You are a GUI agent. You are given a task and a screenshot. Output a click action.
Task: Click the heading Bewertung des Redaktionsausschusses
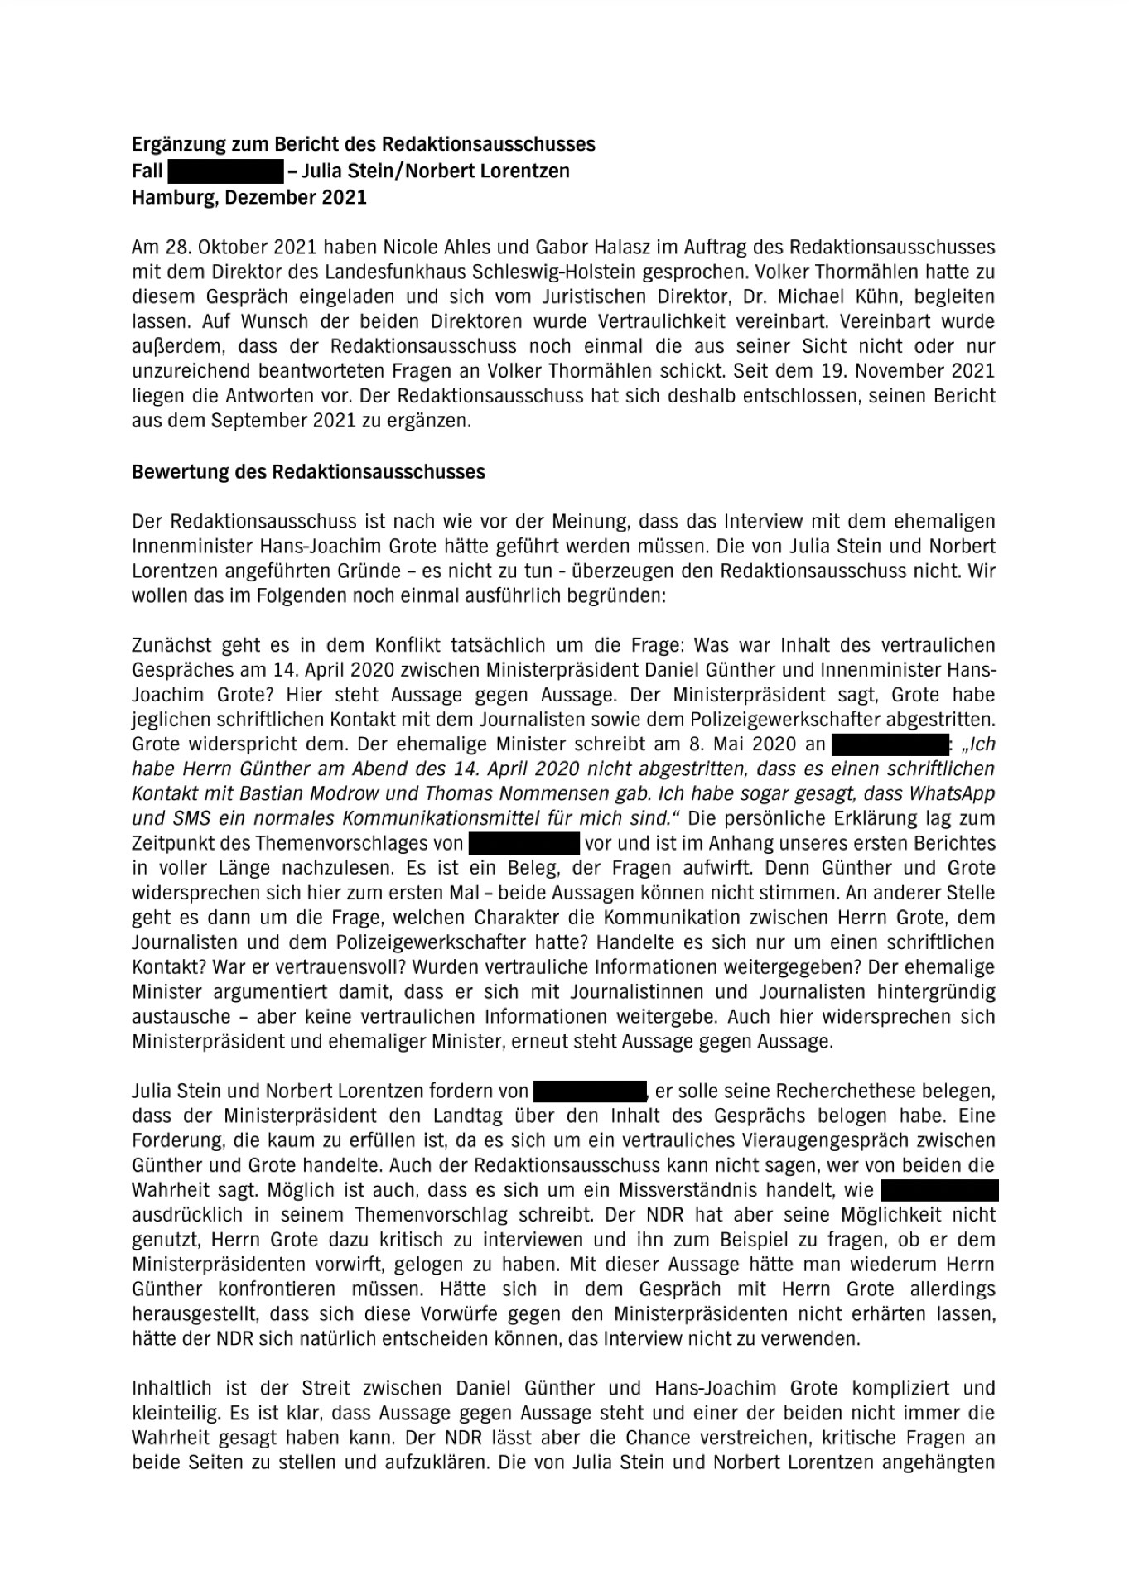pyautogui.click(x=308, y=472)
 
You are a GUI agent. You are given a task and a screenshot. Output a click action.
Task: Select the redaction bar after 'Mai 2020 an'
pyautogui.click(x=889, y=744)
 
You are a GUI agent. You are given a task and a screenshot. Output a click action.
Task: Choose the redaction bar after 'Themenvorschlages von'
pyautogui.click(x=523, y=844)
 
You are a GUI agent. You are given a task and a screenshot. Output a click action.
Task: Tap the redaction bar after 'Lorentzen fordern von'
pyautogui.click(x=589, y=1091)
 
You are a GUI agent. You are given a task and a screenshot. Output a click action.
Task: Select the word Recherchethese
pyautogui.click(x=832, y=1091)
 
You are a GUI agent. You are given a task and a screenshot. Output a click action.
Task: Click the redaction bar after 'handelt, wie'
pyautogui.click(x=939, y=1191)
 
